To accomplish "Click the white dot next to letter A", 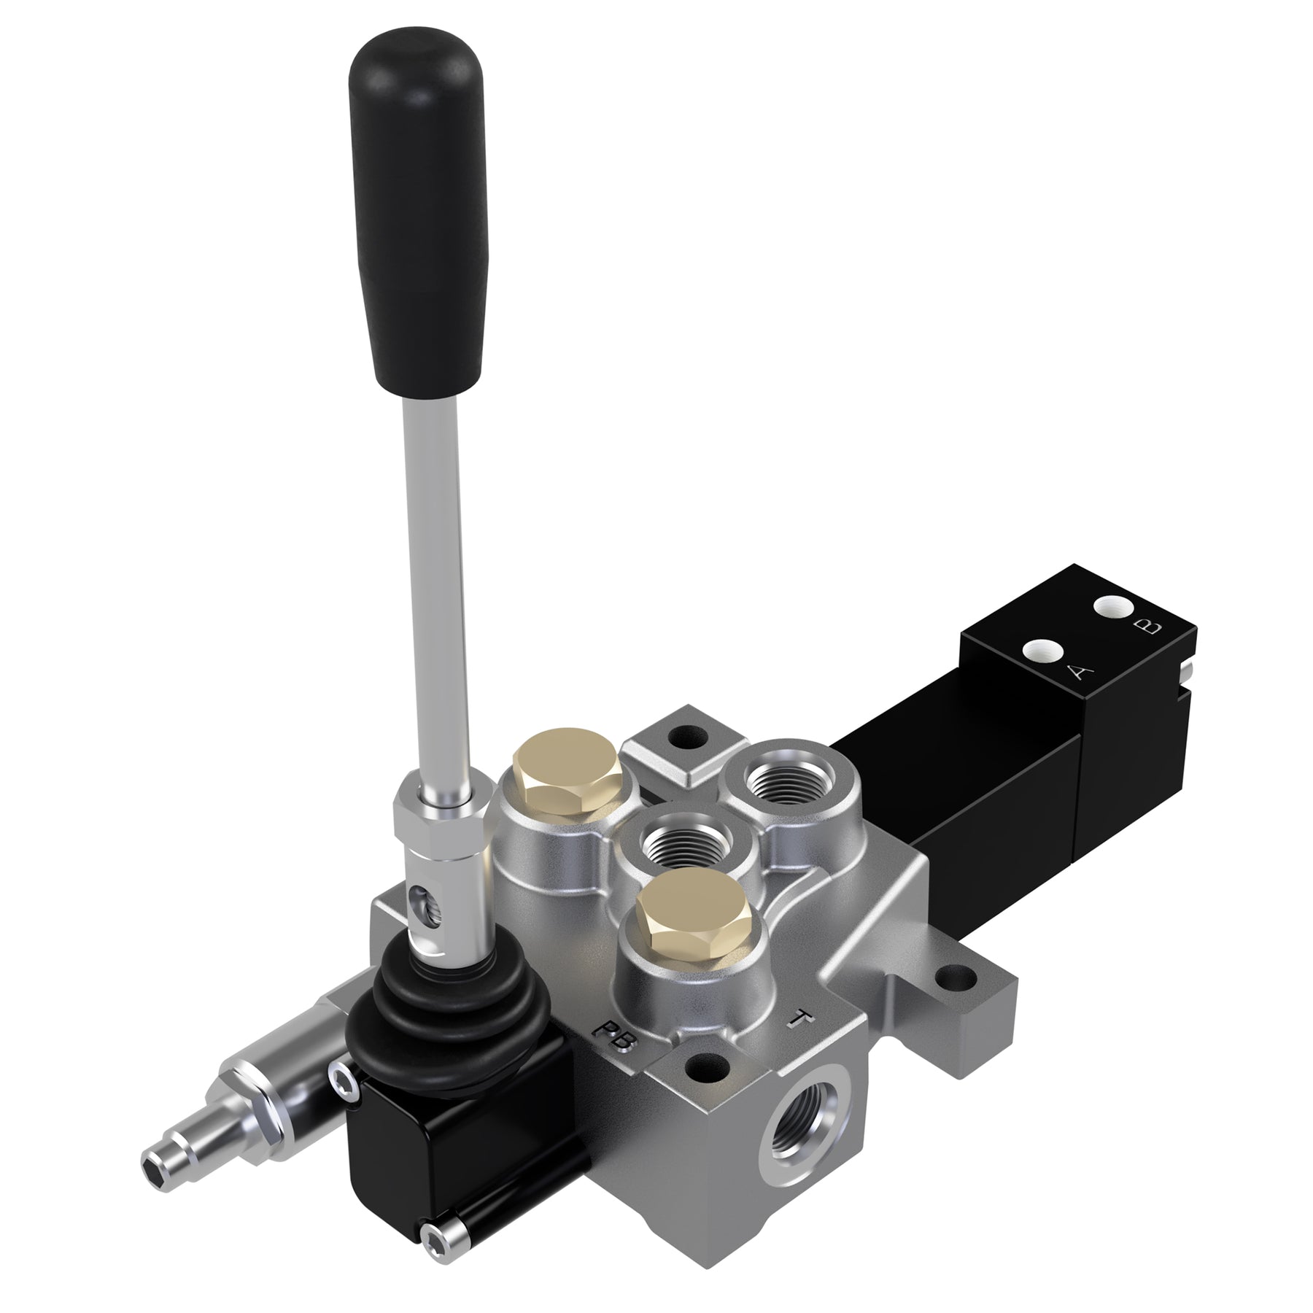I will (1042, 648).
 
